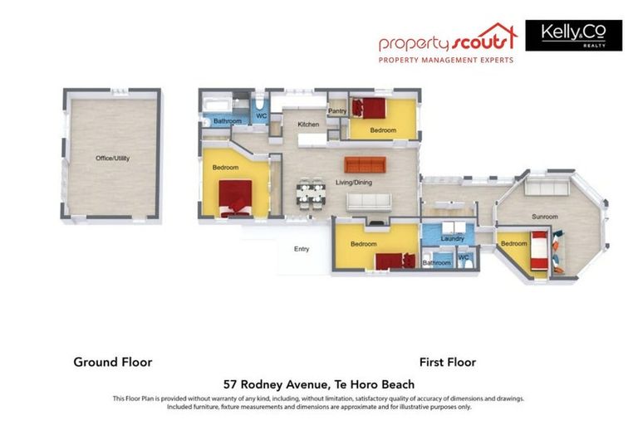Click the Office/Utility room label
point(112,158)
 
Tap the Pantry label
point(337,111)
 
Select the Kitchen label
point(308,125)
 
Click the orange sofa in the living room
point(365,164)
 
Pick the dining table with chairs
point(312,193)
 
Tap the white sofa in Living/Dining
point(368,201)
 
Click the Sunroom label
point(545,217)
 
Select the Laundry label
point(452,239)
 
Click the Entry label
point(301,249)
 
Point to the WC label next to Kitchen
point(261,116)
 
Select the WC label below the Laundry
point(464,258)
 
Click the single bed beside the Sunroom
point(538,251)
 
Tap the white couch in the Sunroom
point(549,188)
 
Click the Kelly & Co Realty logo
point(573,36)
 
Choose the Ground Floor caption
point(113,362)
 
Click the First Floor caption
point(447,362)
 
